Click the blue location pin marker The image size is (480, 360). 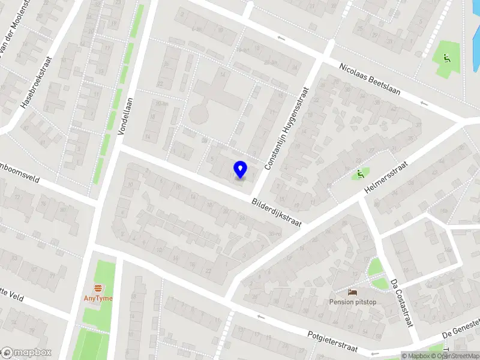(x=241, y=169)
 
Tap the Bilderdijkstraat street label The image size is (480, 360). (x=276, y=212)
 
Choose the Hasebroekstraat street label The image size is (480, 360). (x=37, y=83)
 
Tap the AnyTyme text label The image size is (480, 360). (x=97, y=298)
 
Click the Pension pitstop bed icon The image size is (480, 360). (x=353, y=292)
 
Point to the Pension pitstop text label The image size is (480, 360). (x=353, y=302)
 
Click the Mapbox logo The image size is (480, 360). (x=26, y=353)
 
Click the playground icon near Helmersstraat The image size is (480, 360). (x=360, y=175)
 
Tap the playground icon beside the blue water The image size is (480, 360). (x=445, y=59)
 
